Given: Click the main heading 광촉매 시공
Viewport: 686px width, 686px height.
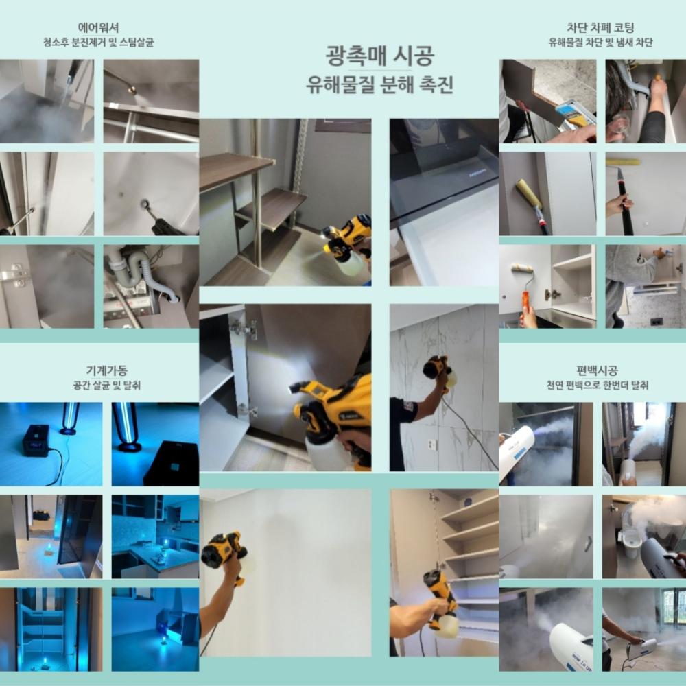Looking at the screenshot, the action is pyautogui.click(x=380, y=56).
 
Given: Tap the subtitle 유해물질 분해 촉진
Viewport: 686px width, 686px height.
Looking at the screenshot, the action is pyautogui.click(x=379, y=84).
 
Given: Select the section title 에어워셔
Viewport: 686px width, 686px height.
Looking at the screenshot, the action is pyautogui.click(x=98, y=27).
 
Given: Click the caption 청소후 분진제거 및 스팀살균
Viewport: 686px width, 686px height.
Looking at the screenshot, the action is pyautogui.click(x=98, y=43).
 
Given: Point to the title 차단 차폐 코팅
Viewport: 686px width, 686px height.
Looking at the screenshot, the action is pyautogui.click(x=600, y=27).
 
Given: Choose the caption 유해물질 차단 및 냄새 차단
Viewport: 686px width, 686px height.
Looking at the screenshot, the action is pyautogui.click(x=600, y=43).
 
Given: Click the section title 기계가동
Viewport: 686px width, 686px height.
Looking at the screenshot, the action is pyautogui.click(x=107, y=370).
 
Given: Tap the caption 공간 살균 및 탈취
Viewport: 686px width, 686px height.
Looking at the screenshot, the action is pyautogui.click(x=107, y=386).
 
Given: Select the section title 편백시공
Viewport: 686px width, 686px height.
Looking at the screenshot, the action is pyautogui.click(x=597, y=370).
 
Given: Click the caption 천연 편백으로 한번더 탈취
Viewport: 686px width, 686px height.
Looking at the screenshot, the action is pyautogui.click(x=597, y=386).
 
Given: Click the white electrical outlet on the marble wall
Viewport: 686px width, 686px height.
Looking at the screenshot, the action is pyautogui.click(x=431, y=445).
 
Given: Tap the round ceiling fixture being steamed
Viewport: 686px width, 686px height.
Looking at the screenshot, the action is pyautogui.click(x=144, y=204).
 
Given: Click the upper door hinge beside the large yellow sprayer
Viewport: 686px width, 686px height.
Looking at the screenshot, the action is pyautogui.click(x=244, y=328).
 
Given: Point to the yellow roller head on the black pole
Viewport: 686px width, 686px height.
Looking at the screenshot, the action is pyautogui.click(x=623, y=162).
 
